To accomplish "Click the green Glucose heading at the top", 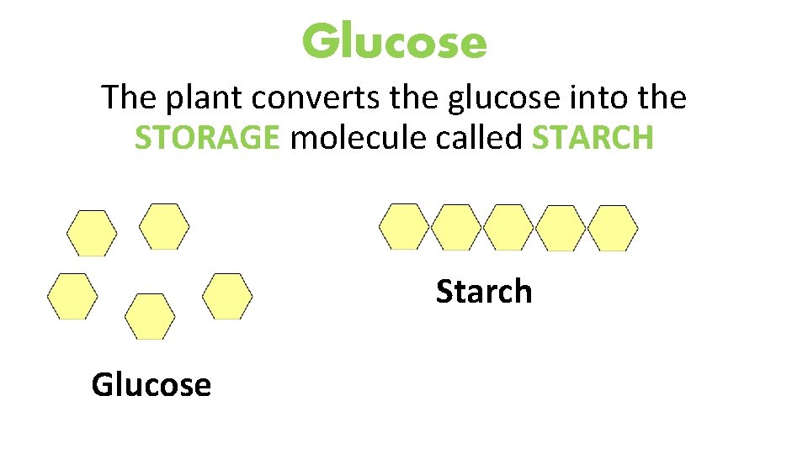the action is click(395, 41).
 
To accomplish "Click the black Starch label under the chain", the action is click(484, 292).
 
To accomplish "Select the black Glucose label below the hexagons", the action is click(151, 385).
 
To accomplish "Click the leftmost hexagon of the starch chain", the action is click(404, 227).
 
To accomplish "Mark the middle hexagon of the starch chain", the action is click(508, 227).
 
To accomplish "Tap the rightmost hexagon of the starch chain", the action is click(613, 228).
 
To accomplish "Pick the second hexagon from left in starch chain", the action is click(456, 227).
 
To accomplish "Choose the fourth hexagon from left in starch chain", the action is click(561, 228).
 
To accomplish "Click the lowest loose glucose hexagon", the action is click(150, 316).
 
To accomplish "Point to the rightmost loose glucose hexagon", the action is click(227, 296).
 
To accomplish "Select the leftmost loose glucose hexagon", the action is click(72, 296).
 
